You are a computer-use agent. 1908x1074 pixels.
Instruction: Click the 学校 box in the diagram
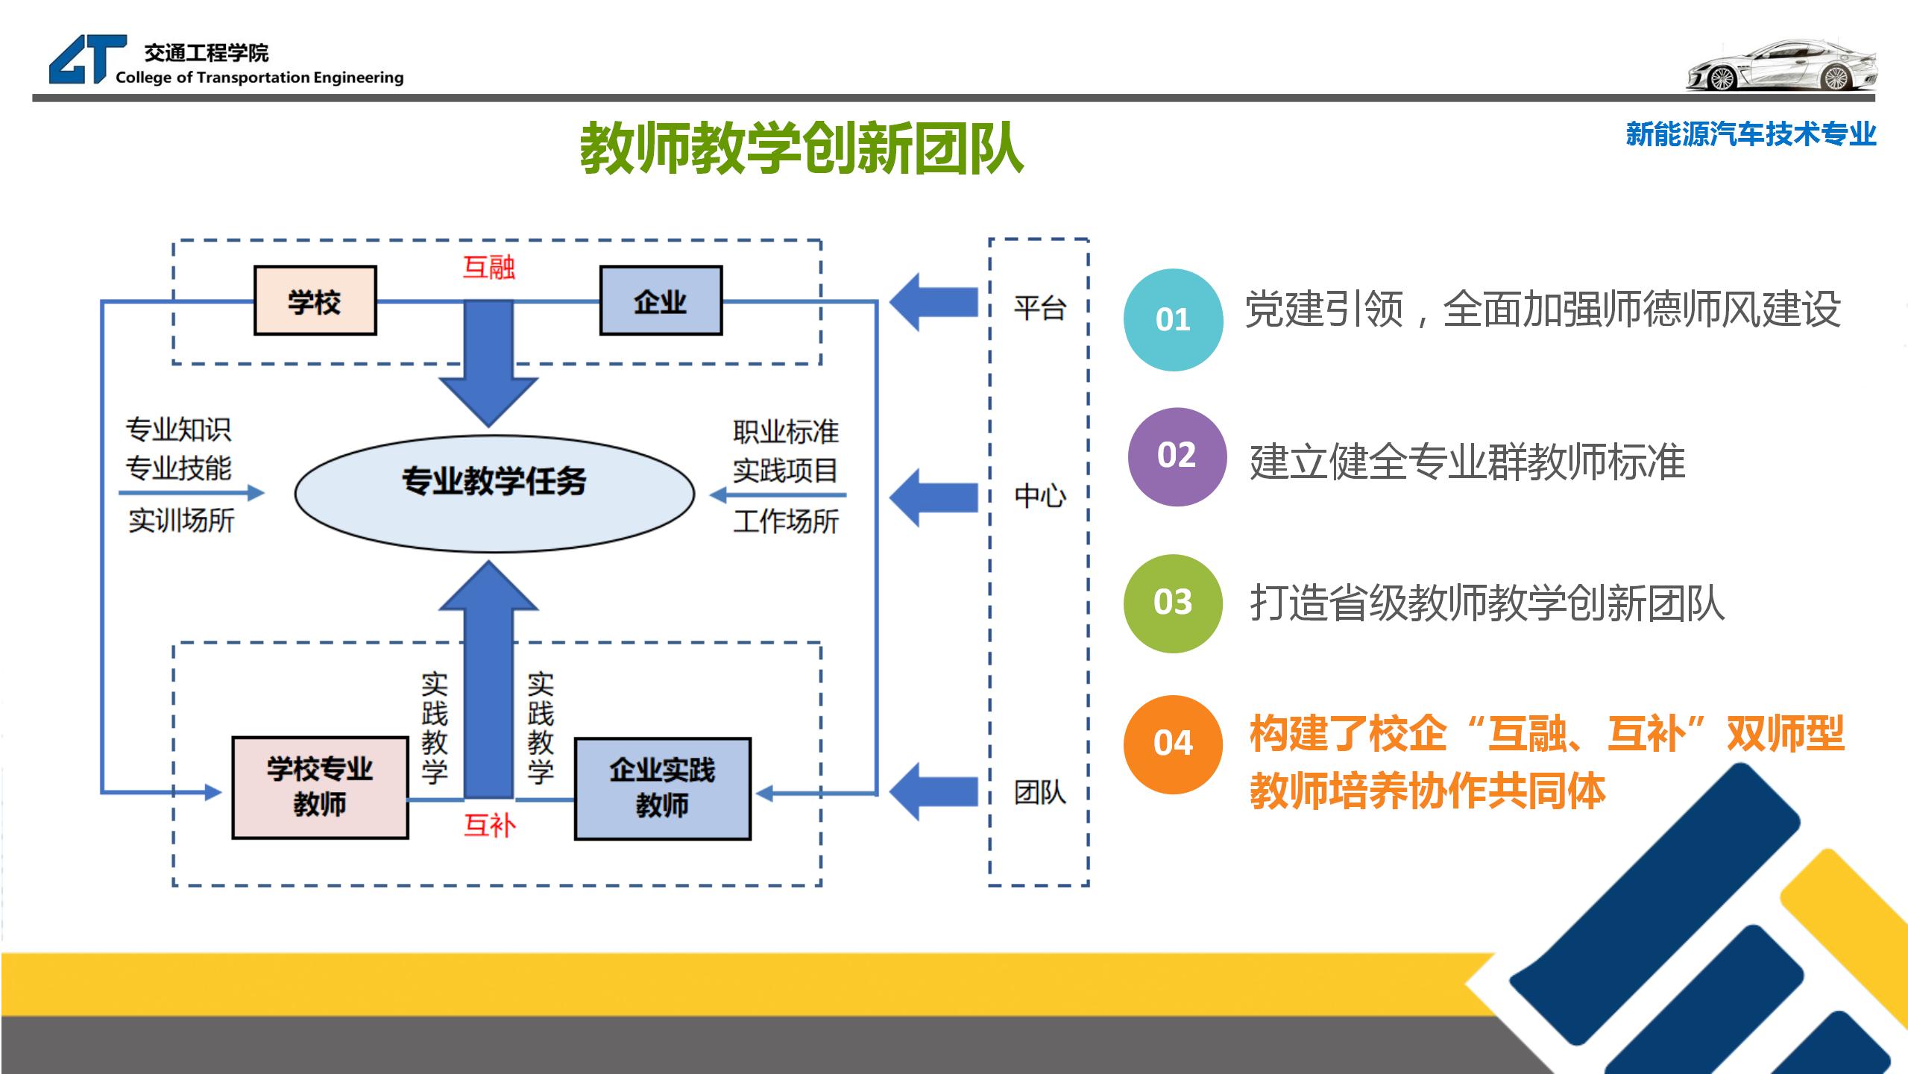click(315, 301)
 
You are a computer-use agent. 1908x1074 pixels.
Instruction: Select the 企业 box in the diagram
click(661, 301)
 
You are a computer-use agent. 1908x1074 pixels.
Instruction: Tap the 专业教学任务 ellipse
click(494, 493)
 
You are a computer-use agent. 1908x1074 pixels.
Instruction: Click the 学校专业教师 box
click(320, 788)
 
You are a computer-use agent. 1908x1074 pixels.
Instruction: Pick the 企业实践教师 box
click(662, 788)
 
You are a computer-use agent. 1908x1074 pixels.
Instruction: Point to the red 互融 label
click(488, 266)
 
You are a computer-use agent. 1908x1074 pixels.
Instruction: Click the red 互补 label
click(489, 825)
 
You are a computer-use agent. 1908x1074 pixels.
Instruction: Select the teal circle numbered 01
click(1173, 320)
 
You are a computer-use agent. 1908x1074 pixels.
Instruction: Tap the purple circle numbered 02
click(1177, 456)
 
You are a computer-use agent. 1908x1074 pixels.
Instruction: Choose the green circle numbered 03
click(1173, 603)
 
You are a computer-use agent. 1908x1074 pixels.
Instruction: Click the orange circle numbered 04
click(1173, 744)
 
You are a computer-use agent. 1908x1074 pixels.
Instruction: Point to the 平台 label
click(1039, 307)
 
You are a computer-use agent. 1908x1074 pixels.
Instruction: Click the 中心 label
click(1039, 495)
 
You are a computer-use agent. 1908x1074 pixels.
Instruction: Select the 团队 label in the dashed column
click(1039, 792)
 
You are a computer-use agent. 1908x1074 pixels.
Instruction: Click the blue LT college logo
click(86, 60)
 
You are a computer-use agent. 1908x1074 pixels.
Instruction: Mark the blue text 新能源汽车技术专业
click(1750, 134)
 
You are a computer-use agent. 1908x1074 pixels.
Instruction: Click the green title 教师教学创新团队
click(802, 148)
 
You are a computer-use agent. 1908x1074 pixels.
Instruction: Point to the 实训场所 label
click(181, 520)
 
